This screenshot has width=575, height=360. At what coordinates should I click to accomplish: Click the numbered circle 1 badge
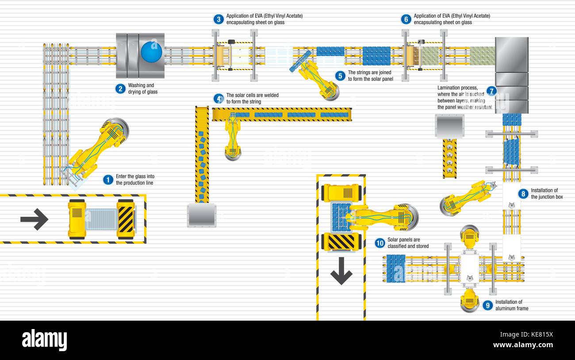[108, 180]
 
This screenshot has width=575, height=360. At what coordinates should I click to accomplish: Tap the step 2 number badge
[120, 88]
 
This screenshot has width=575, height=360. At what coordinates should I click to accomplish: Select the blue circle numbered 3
[218, 19]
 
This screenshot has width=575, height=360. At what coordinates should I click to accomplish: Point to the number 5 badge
[340, 76]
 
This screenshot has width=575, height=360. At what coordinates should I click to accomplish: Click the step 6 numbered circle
[406, 19]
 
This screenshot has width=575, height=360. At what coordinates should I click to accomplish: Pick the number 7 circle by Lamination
[491, 91]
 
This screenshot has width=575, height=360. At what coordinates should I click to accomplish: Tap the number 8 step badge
[523, 193]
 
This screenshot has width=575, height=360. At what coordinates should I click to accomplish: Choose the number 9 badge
[487, 305]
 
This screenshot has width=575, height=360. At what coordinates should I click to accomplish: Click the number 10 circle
[379, 243]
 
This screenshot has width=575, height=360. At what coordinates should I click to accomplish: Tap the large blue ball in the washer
[152, 51]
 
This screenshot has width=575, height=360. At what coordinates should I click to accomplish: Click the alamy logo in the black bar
[44, 340]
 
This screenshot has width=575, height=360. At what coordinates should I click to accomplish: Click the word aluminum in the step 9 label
[506, 308]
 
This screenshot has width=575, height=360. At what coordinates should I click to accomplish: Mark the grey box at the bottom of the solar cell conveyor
[201, 215]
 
